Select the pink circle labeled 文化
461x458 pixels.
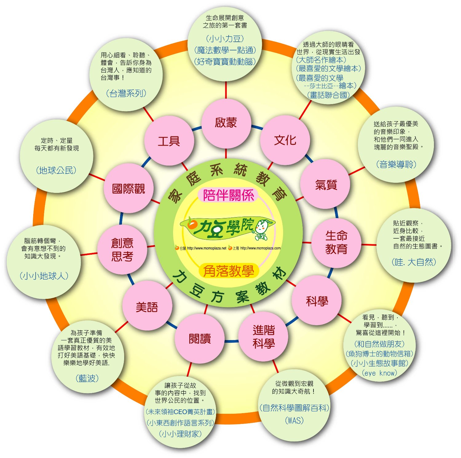(285, 140)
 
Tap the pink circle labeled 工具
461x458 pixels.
(169, 141)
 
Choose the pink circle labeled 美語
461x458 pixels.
(147, 307)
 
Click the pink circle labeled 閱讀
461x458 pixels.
(200, 339)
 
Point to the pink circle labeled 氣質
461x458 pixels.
(325, 184)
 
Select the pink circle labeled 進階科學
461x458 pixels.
(263, 336)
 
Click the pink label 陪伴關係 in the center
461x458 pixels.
(228, 195)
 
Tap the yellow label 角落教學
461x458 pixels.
(228, 271)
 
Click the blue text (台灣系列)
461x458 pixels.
(126, 93)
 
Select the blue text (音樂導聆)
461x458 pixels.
(396, 164)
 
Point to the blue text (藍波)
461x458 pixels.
(87, 378)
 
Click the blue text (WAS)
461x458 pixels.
(294, 420)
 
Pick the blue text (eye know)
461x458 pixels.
(380, 373)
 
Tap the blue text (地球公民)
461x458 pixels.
(56, 170)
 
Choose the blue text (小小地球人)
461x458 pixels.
(44, 276)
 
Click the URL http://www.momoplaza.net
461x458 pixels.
(207, 248)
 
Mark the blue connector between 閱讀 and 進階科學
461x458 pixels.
(231, 341)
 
